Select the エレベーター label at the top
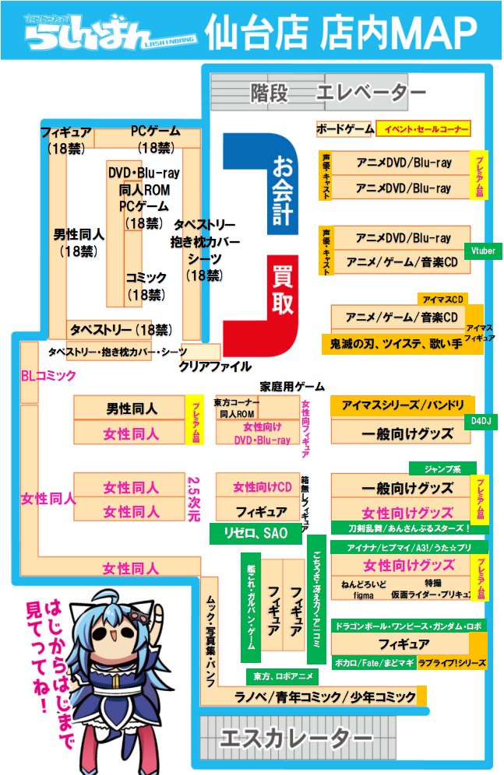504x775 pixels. (x=371, y=93)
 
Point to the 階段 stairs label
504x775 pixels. (x=270, y=93)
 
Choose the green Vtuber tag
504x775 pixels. (x=482, y=252)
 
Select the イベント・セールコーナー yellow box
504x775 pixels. (x=423, y=129)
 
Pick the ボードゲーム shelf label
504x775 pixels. (x=345, y=129)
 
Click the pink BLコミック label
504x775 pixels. (x=48, y=376)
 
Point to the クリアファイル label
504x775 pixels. (x=215, y=366)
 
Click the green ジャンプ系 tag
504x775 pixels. (x=442, y=468)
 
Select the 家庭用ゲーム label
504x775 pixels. (x=292, y=386)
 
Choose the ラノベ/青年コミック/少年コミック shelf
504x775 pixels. (x=326, y=696)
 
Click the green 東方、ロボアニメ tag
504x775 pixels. (x=279, y=675)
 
